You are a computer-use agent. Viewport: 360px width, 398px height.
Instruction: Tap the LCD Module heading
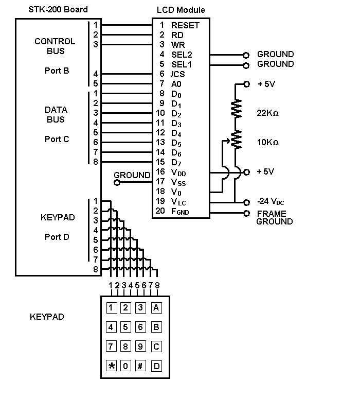point(181,10)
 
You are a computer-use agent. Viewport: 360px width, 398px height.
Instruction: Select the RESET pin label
point(185,25)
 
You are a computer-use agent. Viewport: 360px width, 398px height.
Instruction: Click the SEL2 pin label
point(182,54)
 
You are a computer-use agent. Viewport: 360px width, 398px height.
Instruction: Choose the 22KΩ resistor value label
point(267,113)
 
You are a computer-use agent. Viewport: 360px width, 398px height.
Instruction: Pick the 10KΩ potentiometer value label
point(267,142)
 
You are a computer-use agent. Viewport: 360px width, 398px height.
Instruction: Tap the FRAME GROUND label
point(275,217)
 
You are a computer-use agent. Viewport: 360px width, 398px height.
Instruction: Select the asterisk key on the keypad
point(112,366)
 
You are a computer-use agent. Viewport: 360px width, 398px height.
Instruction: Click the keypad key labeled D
point(156,366)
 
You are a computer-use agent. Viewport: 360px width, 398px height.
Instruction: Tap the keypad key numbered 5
point(126,327)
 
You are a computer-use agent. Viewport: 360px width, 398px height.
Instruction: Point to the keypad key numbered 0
point(126,366)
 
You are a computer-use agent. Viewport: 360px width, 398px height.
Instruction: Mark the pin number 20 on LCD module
point(160,211)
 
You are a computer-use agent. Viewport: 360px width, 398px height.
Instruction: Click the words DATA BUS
point(56,114)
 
